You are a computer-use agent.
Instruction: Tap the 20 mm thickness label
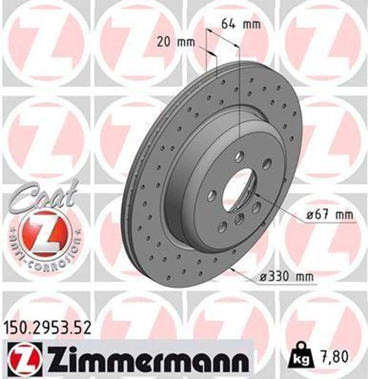point(174,42)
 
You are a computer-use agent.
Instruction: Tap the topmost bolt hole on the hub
point(240,156)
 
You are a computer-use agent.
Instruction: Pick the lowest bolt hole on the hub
point(222,228)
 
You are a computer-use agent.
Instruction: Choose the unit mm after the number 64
point(251,25)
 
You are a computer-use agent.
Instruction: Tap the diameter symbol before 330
point(263,277)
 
